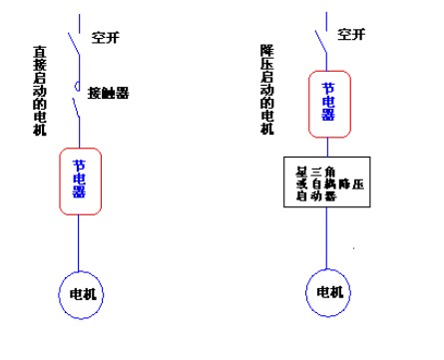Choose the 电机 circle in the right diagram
(x=327, y=292)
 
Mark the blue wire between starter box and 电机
(x=327, y=237)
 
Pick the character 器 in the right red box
(x=327, y=115)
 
